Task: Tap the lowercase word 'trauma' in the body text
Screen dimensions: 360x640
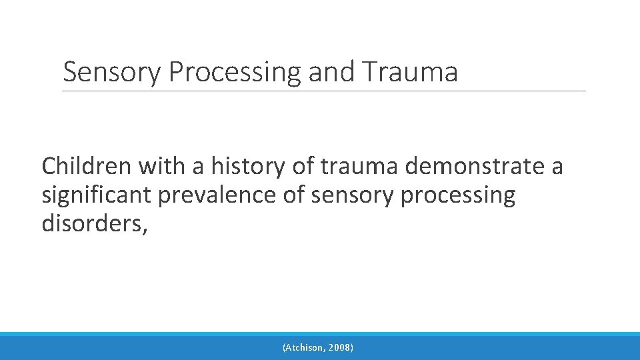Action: [x=359, y=165]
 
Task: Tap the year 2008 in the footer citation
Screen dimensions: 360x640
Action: [x=340, y=347]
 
